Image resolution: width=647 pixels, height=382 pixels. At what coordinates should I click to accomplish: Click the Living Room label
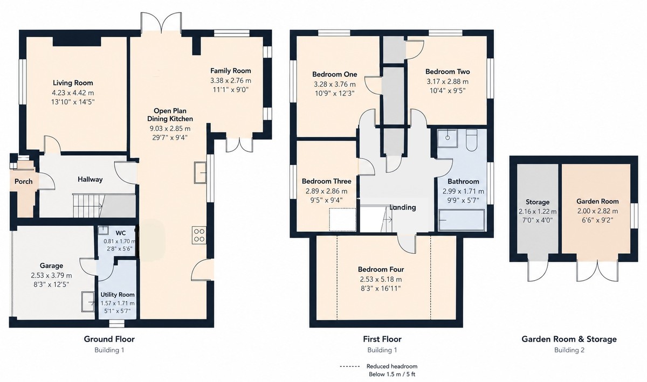(73, 83)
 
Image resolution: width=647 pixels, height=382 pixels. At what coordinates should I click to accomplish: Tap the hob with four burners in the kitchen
(199, 235)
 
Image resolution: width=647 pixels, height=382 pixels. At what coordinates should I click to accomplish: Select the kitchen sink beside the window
(200, 172)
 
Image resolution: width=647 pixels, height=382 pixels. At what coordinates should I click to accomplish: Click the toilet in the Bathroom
(471, 140)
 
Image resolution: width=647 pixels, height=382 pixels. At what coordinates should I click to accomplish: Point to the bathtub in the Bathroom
(462, 220)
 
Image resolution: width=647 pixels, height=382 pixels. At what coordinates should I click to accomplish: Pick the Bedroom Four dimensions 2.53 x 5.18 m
(381, 280)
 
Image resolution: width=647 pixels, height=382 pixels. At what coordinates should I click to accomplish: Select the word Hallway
(90, 179)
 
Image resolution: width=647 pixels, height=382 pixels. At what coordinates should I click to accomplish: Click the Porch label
(23, 182)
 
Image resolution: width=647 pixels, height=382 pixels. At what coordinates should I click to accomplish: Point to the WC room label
(120, 233)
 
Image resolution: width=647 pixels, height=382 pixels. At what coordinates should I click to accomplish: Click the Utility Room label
(118, 295)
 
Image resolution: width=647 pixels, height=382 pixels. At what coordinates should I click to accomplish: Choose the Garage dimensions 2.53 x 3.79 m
(51, 276)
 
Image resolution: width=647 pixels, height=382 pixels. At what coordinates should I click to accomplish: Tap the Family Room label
(231, 71)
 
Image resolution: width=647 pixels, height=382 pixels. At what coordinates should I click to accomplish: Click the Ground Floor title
(109, 339)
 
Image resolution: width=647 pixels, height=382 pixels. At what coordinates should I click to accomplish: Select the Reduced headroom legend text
(392, 366)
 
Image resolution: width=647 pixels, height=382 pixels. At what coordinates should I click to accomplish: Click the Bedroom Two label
(448, 72)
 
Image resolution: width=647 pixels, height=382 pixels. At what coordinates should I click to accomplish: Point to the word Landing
(403, 207)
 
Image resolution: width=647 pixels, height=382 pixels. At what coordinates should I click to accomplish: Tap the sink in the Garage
(87, 301)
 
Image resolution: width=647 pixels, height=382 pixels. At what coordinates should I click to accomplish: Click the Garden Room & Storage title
(569, 339)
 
